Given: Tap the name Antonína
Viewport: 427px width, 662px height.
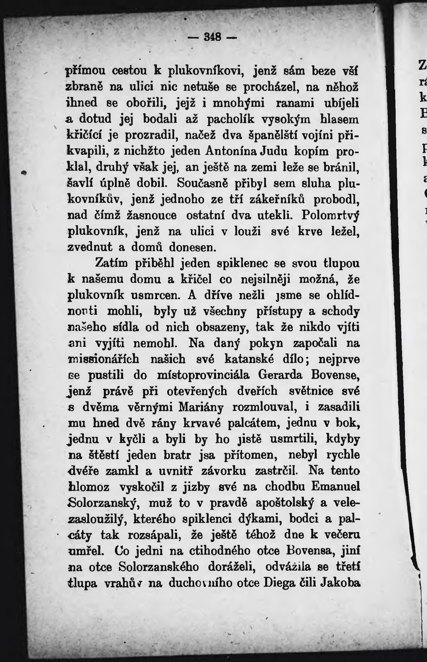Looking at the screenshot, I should [x=229, y=151].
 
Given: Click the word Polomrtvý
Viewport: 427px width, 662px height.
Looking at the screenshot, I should [x=330, y=215].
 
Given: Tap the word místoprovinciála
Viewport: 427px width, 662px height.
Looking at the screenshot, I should [x=203, y=375].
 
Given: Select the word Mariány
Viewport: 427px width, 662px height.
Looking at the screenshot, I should [x=201, y=407].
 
